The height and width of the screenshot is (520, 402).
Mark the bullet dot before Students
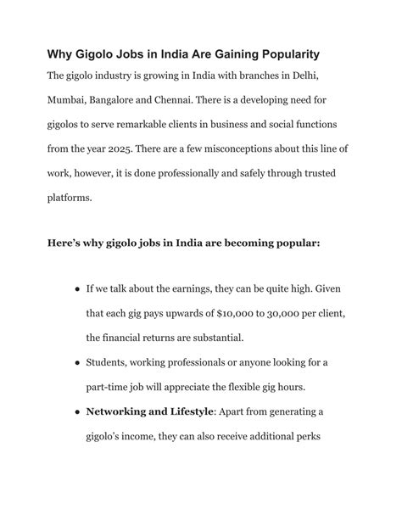[77, 363]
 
